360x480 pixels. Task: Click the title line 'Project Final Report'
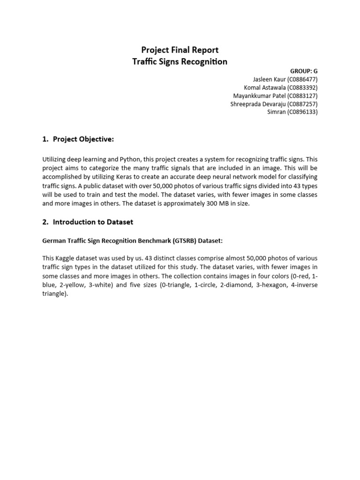point(180,50)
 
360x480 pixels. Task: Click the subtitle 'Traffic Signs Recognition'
point(180,61)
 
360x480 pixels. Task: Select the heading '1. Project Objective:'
point(78,139)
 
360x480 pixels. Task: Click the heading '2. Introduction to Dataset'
point(87,222)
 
